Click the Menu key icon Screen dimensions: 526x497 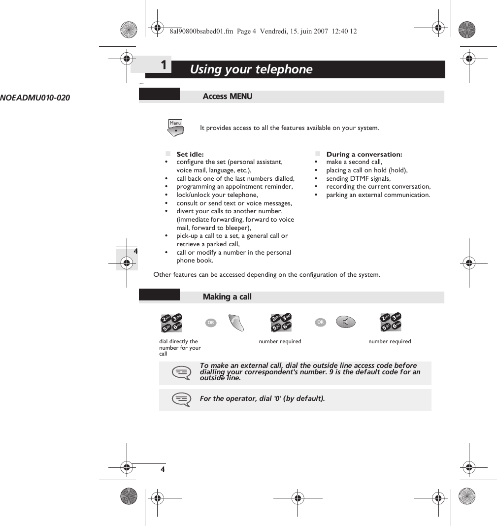tap(176, 127)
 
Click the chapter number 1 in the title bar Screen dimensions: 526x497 tap(164, 65)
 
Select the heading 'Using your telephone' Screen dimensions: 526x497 tap(251, 69)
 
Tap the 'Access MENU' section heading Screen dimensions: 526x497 tap(228, 97)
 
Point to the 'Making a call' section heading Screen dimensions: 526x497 tap(227, 296)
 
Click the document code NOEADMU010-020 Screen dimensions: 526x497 tap(35, 98)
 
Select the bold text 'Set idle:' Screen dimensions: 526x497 tap(190, 154)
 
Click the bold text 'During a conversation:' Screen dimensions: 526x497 tap(364, 154)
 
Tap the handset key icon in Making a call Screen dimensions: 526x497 tap(237, 323)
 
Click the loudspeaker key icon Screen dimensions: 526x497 tap(347, 322)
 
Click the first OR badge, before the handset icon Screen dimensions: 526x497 tap(211, 323)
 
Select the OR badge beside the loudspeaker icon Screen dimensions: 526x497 tap(321, 322)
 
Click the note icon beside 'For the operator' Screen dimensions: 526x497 tap(181, 399)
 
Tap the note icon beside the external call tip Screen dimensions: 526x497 tap(181, 373)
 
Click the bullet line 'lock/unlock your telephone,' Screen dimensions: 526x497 tap(217, 195)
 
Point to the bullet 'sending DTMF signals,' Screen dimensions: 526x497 tap(358, 179)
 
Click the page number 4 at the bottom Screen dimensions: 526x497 tap(162, 469)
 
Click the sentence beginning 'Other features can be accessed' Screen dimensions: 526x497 tap(266, 274)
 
